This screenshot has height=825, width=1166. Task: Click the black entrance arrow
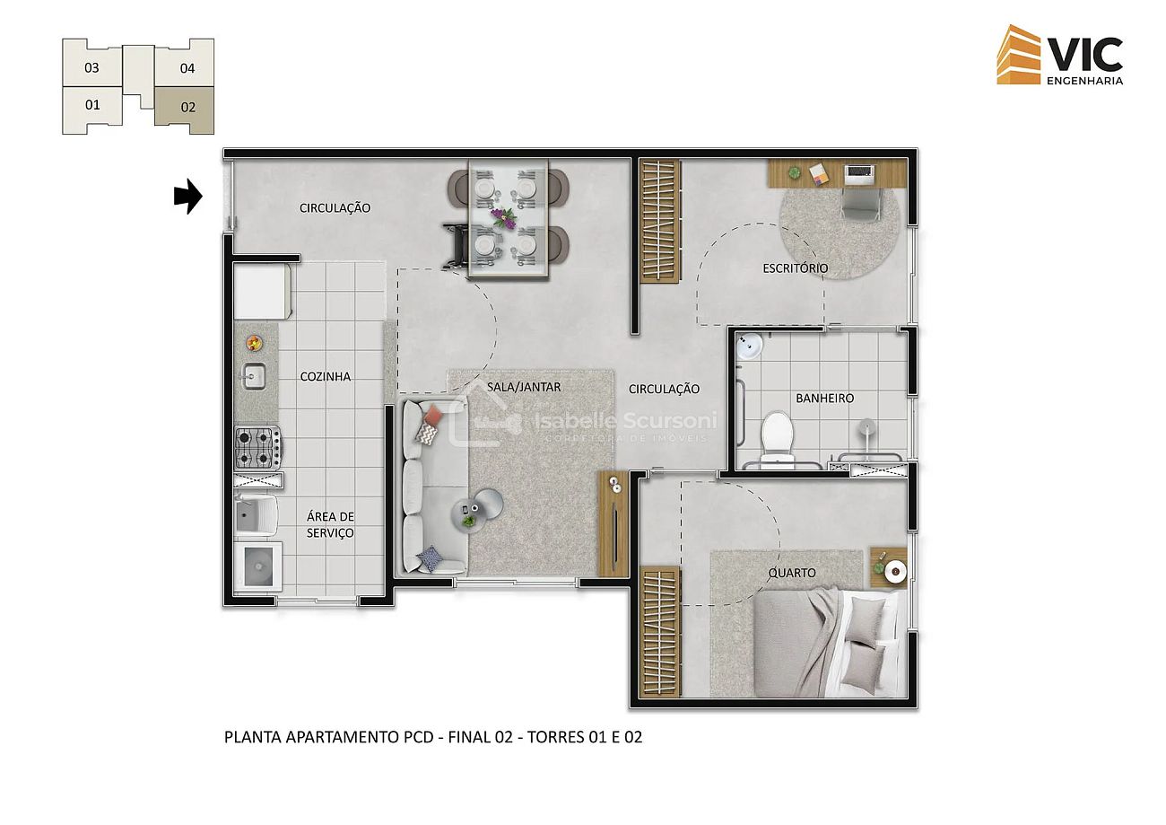188,197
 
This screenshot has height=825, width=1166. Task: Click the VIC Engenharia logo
1060,55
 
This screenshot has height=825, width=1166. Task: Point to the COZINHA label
326,376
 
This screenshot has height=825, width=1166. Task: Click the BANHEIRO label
824,399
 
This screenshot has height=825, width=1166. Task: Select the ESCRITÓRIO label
796,268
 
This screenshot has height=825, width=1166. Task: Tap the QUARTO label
792,573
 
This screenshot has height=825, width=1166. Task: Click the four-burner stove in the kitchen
258,447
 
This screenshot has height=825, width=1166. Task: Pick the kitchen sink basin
254,376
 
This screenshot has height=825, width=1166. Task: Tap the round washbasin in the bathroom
749,344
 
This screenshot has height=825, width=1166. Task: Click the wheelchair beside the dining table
457,246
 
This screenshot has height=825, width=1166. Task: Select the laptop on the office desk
859,174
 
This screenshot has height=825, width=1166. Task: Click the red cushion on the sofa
433,415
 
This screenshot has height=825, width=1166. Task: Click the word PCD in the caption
419,737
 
